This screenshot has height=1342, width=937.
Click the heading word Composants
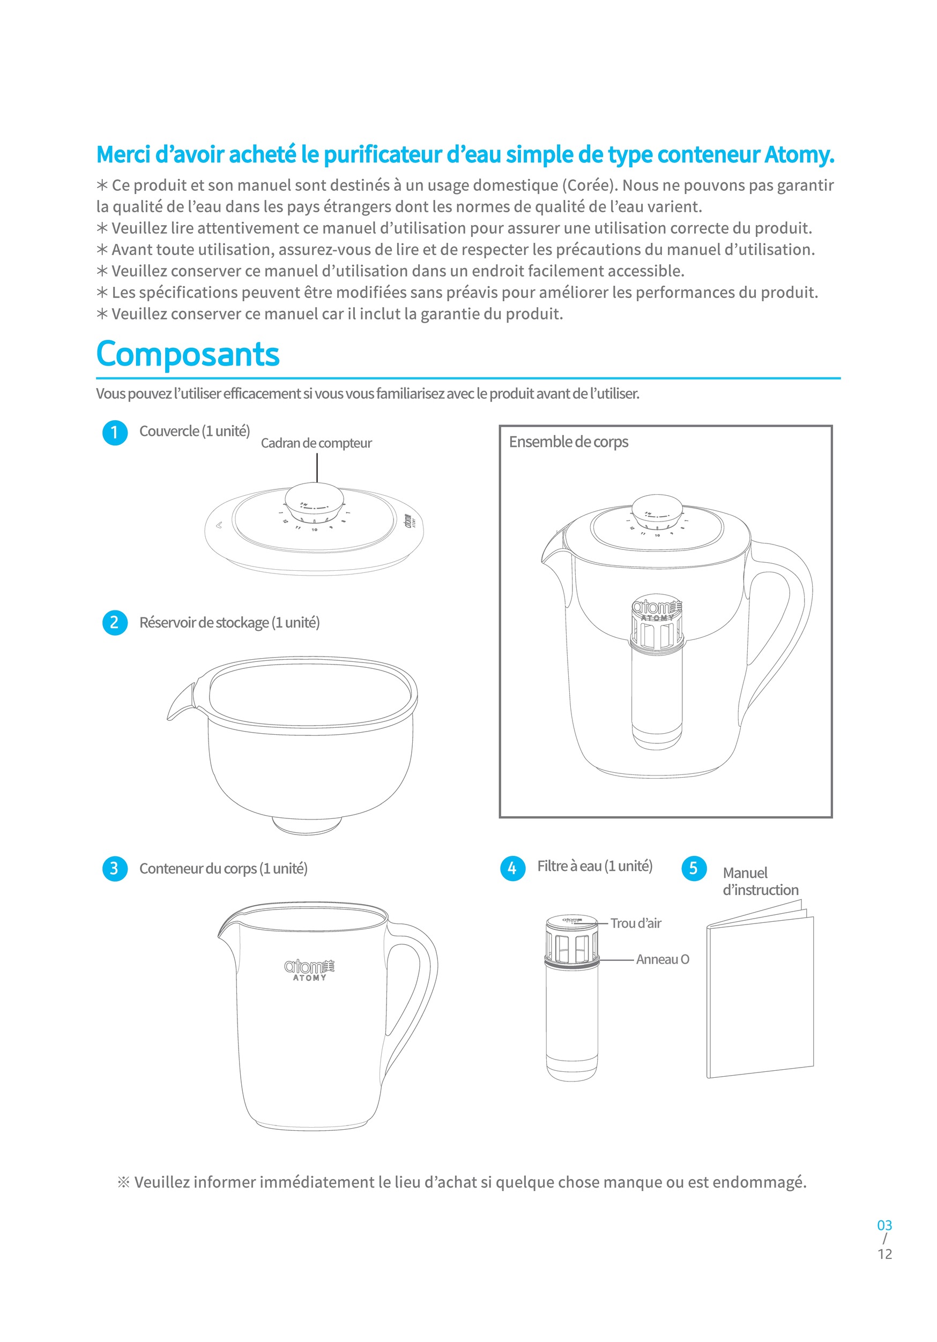click(x=188, y=354)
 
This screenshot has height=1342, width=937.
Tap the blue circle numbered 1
click(x=115, y=433)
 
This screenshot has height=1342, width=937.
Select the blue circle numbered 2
click(x=115, y=622)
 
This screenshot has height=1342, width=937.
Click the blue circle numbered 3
click(x=115, y=869)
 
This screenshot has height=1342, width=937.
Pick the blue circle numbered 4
click(x=512, y=868)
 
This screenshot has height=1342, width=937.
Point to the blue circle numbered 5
click(x=694, y=868)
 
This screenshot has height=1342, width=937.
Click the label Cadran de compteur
click(x=316, y=443)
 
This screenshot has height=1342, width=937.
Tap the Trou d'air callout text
click(x=635, y=923)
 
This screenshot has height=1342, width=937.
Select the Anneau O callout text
click(x=662, y=959)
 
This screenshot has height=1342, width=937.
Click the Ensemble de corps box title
click(x=568, y=442)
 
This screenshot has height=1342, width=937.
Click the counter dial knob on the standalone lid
click(x=315, y=502)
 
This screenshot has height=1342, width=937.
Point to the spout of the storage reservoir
click(x=180, y=704)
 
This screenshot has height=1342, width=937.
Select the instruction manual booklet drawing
click(x=760, y=994)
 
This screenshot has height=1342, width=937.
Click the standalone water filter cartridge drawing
click(x=571, y=1000)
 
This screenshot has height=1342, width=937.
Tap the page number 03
click(x=884, y=1225)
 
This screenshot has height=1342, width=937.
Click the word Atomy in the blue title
click(x=799, y=155)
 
